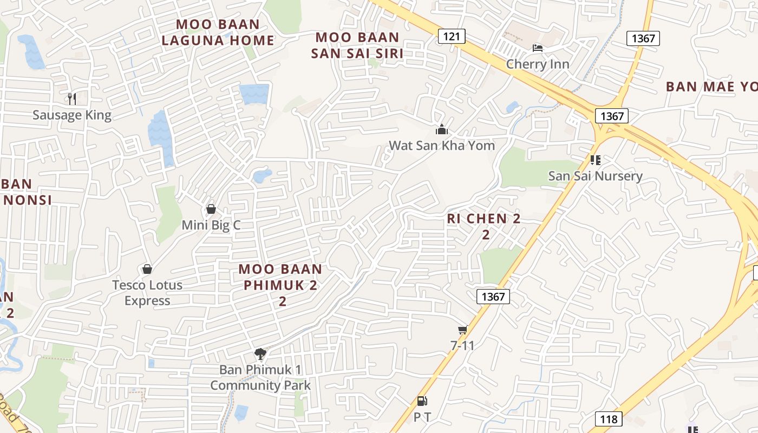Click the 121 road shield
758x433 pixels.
[451, 36]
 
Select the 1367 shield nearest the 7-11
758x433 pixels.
[493, 296]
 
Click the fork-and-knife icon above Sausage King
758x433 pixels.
[71, 99]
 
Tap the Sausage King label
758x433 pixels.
[72, 115]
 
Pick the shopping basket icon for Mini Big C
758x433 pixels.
[211, 209]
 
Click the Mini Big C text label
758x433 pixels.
[211, 225]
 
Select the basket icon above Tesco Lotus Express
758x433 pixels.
[147, 269]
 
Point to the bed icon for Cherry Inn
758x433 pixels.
[538, 48]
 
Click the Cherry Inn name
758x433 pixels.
[538, 64]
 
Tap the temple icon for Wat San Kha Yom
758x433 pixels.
[442, 129]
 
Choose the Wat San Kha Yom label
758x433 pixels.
[442, 146]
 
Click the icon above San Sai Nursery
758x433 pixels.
[596, 160]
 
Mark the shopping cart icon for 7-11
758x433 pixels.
[462, 330]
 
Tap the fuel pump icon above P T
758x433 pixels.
[422, 401]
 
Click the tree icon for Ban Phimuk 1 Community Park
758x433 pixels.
[260, 354]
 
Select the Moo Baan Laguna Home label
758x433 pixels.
[218, 32]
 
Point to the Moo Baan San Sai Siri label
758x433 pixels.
[357, 45]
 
